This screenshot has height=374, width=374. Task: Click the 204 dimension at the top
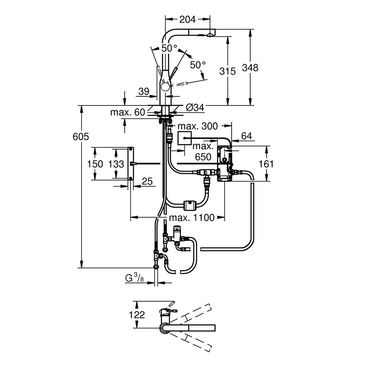(187, 19)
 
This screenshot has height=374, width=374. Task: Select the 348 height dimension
(250, 68)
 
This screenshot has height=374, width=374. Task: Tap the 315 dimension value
(227, 71)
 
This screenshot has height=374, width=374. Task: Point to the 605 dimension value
(81, 137)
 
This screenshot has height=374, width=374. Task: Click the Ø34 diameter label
(195, 108)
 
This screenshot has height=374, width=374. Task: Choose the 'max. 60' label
(128, 112)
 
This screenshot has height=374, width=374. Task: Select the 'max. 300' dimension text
(198, 126)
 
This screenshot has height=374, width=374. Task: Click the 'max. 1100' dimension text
(192, 218)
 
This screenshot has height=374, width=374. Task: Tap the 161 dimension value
(266, 164)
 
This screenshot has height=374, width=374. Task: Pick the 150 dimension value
(95, 164)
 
